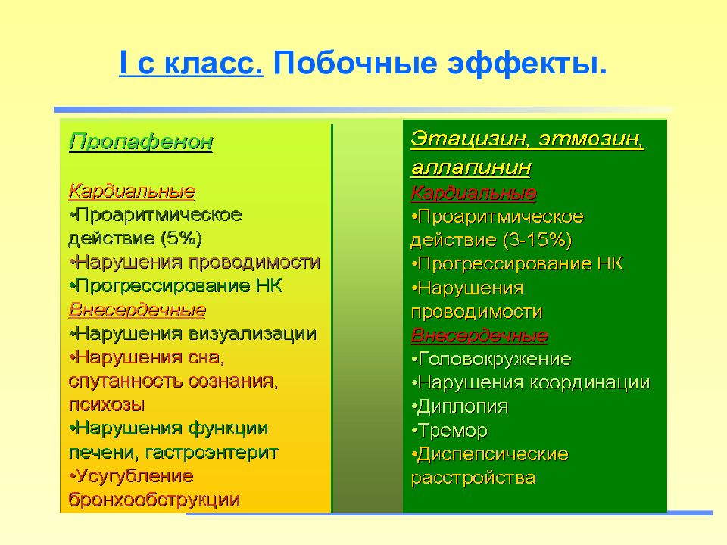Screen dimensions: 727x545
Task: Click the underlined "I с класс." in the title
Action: tap(191, 63)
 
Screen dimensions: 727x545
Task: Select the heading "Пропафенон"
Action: tap(141, 142)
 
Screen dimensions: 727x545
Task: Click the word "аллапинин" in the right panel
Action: tap(471, 167)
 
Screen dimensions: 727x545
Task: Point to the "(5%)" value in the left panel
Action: tap(181, 238)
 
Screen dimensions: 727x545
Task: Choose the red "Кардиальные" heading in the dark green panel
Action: tap(474, 193)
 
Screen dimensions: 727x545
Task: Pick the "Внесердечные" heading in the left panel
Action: tap(137, 310)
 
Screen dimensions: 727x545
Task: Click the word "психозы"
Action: tap(107, 404)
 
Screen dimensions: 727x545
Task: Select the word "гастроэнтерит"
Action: tap(212, 453)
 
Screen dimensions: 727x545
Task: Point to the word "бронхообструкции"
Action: tap(154, 500)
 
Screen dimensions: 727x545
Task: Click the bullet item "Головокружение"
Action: tap(491, 359)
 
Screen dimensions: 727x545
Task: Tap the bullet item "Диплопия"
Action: tap(460, 406)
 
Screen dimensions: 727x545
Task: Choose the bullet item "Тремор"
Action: tap(449, 431)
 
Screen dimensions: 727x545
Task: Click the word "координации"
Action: tap(590, 383)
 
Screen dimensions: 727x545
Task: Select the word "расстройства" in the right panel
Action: tap(473, 478)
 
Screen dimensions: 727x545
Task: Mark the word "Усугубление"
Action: tap(131, 476)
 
